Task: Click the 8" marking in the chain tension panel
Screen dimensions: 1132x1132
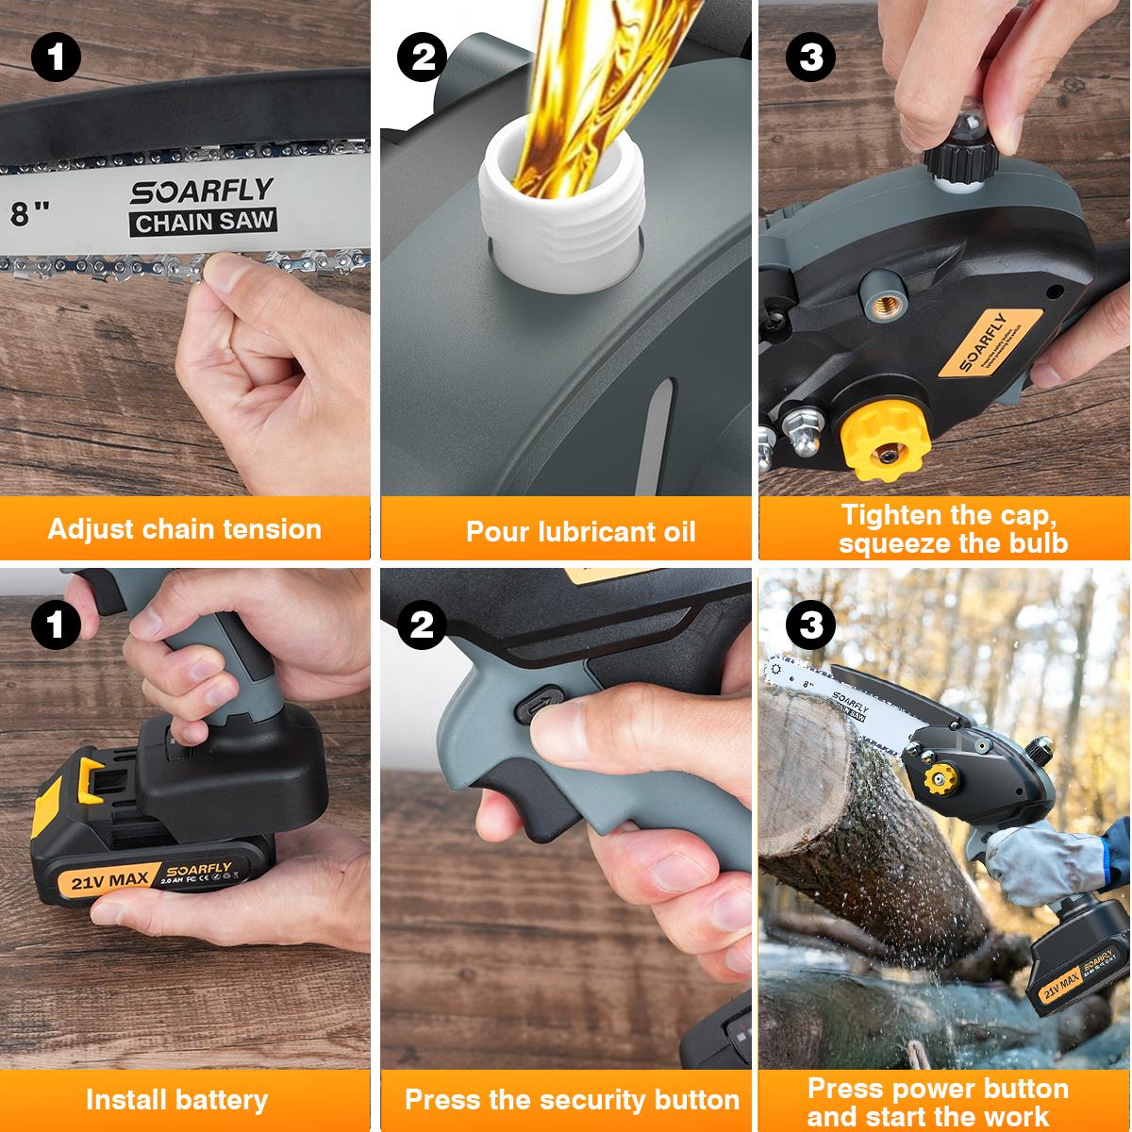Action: (30, 212)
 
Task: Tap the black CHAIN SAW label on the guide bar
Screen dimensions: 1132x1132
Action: (205, 223)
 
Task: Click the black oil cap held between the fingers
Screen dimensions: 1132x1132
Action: (953, 157)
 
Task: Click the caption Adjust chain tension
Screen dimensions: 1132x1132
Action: (185, 528)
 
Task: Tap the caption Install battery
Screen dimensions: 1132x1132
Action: (176, 1100)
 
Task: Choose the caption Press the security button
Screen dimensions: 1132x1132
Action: (572, 1100)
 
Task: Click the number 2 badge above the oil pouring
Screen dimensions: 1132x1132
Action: (422, 58)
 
